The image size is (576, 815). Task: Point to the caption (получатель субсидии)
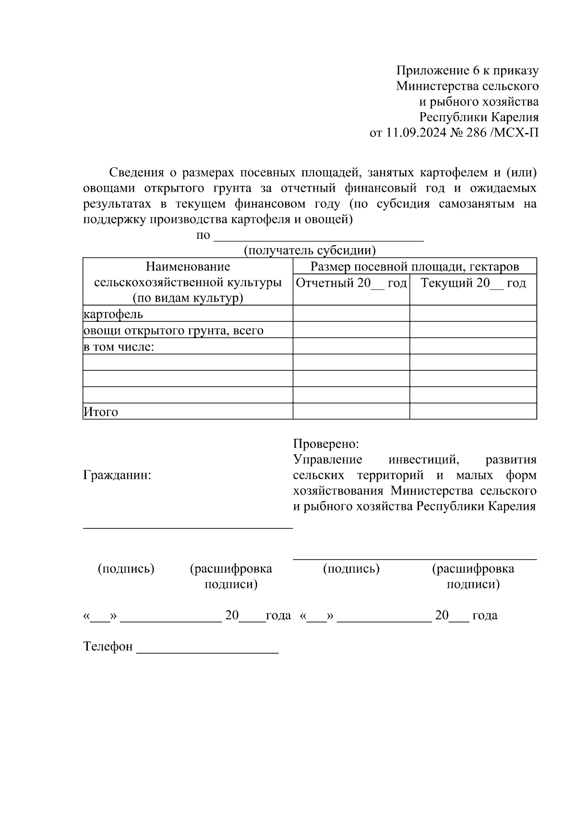pyautogui.click(x=310, y=251)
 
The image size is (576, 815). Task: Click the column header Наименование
pyautogui.click(x=188, y=267)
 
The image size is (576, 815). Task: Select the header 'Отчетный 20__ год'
pyautogui.click(x=351, y=283)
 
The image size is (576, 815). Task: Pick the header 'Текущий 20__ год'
pyautogui.click(x=473, y=283)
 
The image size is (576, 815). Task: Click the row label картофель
pyautogui.click(x=113, y=314)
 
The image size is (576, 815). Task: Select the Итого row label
pyautogui.click(x=101, y=412)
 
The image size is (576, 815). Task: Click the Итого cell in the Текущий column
pyautogui.click(x=473, y=412)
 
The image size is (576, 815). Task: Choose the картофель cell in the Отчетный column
pyautogui.click(x=351, y=314)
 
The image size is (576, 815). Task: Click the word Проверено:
pyautogui.click(x=326, y=444)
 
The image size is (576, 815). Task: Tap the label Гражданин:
pyautogui.click(x=117, y=475)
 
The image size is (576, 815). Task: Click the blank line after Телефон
pyautogui.click(x=207, y=651)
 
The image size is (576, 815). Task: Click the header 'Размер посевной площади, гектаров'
pyautogui.click(x=415, y=267)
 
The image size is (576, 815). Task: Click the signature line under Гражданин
pyautogui.click(x=188, y=527)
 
